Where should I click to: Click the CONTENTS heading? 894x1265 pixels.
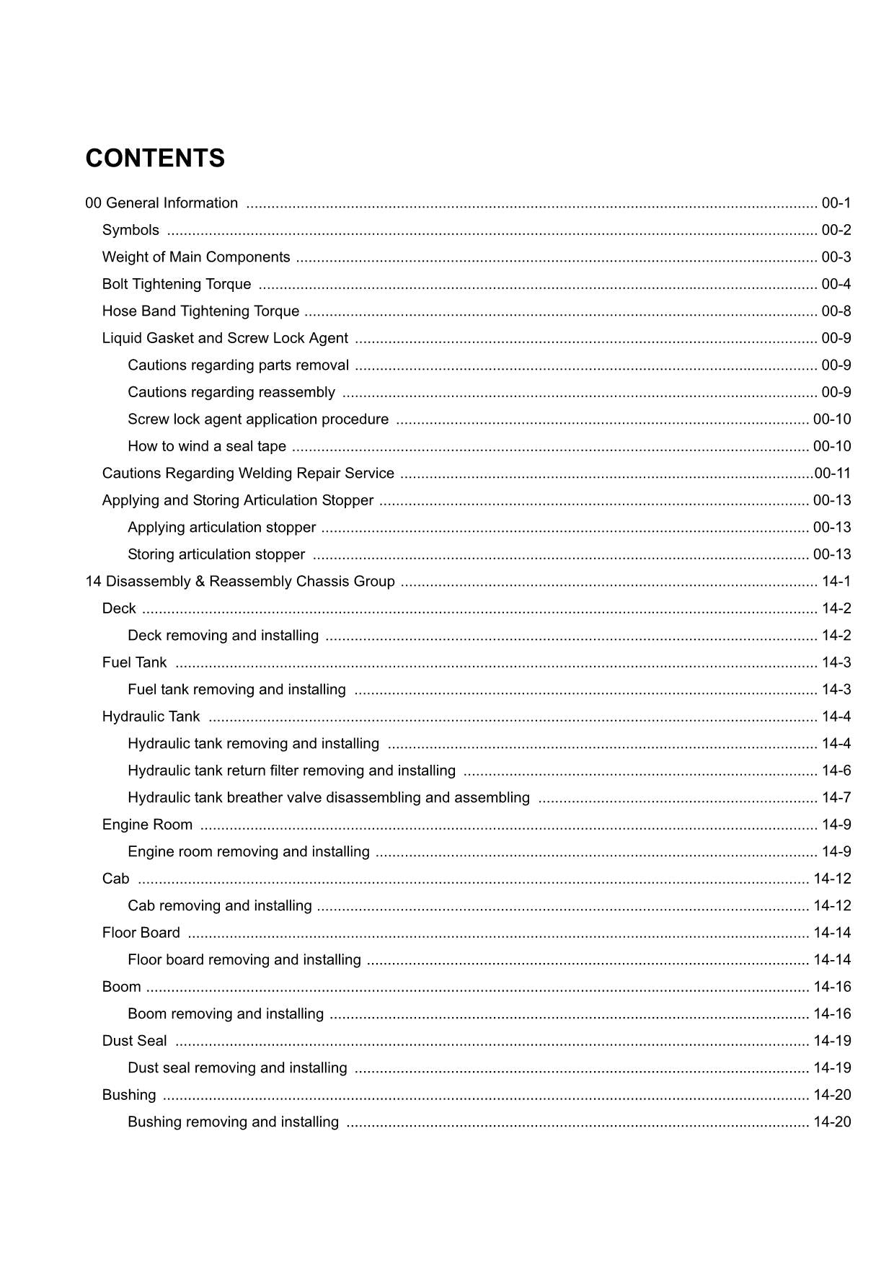pyautogui.click(x=155, y=159)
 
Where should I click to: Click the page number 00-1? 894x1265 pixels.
pyautogui.click(x=836, y=203)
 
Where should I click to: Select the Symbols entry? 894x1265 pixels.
pyautogui.click(x=130, y=230)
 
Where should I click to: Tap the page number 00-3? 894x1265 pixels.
pyautogui.click(x=836, y=257)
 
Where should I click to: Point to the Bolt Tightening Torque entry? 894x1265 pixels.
pyautogui.click(x=177, y=284)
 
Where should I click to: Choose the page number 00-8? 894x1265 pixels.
pyautogui.click(x=836, y=311)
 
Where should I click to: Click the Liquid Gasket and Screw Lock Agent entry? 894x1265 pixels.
pyautogui.click(x=225, y=338)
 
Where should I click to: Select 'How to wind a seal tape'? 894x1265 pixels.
pyautogui.click(x=207, y=446)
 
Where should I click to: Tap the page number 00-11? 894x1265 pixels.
pyautogui.click(x=833, y=474)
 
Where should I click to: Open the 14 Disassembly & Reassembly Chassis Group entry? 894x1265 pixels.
pyautogui.click(x=240, y=582)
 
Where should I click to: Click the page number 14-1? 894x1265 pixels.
pyautogui.click(x=836, y=582)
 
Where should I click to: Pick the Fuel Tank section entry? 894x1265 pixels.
pyautogui.click(x=134, y=662)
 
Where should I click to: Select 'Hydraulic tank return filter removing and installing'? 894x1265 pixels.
pyautogui.click(x=291, y=771)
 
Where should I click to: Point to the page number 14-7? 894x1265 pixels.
pyautogui.click(x=836, y=798)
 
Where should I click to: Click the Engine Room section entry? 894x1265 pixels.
pyautogui.click(x=147, y=825)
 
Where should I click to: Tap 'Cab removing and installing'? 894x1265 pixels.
pyautogui.click(x=220, y=906)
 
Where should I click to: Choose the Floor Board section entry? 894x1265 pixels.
pyautogui.click(x=141, y=933)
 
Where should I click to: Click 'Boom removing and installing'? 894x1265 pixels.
pyautogui.click(x=226, y=1014)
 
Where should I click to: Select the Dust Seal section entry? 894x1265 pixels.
pyautogui.click(x=134, y=1041)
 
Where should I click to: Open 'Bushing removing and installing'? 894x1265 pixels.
pyautogui.click(x=233, y=1122)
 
